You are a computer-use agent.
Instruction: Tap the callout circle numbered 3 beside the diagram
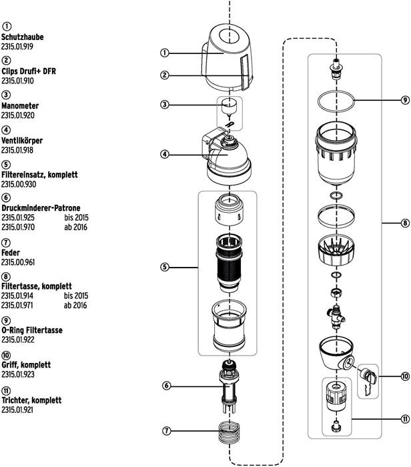(165, 105)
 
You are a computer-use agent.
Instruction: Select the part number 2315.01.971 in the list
(17, 306)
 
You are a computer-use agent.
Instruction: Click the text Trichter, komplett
(31, 400)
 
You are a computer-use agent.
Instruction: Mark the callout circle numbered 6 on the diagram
(165, 386)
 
